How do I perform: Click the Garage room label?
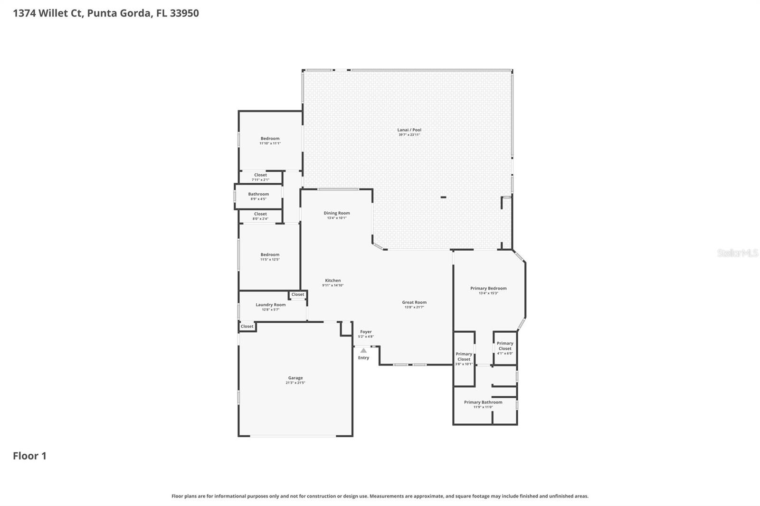295,378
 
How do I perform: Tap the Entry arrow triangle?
363,350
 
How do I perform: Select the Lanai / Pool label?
409,130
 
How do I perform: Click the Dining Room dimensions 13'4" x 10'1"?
337,218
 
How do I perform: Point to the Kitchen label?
332,280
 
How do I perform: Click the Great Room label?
414,302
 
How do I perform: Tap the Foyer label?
366,332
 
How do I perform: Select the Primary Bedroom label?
488,288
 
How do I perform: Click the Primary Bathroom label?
483,402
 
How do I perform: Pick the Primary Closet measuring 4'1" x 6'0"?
505,346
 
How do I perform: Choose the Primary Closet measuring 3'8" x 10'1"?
464,356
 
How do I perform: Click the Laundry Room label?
271,305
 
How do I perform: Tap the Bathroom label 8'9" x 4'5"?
258,194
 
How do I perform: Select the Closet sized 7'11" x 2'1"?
260,175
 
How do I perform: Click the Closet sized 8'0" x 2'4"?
260,214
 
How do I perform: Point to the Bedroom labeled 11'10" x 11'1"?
270,138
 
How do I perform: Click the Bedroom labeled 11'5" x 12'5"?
270,254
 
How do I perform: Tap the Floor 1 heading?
29,456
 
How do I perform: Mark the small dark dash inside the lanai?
443,197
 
